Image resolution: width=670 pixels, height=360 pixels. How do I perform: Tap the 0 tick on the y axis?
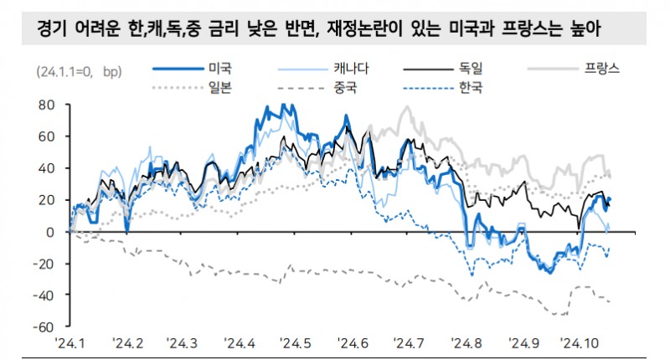49,232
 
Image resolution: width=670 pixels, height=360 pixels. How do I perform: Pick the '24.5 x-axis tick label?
296,343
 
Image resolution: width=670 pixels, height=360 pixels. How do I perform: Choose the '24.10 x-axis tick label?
581,343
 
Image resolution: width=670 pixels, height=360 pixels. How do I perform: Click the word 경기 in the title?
51,31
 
